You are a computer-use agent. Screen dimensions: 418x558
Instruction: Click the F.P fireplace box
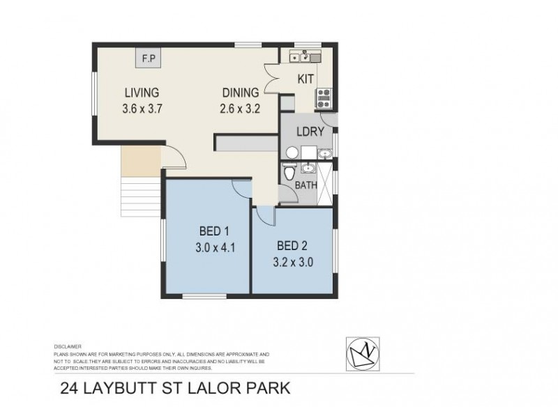[149, 59]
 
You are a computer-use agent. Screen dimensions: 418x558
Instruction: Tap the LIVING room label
[142, 93]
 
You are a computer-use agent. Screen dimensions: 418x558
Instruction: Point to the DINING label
[241, 93]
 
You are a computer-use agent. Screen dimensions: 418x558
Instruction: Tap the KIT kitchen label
[306, 79]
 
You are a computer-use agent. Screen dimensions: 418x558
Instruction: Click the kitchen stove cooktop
[324, 98]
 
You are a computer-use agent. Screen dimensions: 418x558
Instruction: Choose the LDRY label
[308, 132]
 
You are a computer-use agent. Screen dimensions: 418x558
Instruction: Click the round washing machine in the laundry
[292, 153]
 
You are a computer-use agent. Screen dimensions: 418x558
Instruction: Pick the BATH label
[306, 185]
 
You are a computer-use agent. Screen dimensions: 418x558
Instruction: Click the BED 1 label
[216, 231]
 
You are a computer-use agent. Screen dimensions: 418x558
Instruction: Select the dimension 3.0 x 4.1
[216, 246]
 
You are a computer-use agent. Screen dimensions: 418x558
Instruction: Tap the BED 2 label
[294, 246]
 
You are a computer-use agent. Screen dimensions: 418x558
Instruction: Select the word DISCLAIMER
[68, 346]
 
